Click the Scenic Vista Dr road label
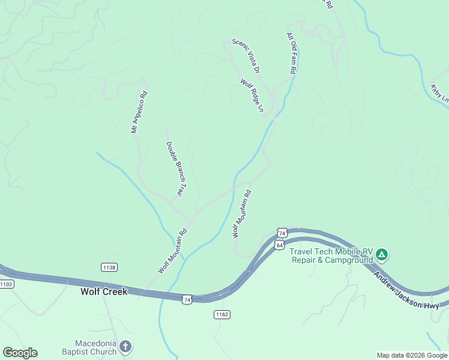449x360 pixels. point(246,56)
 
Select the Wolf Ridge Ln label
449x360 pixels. point(252,96)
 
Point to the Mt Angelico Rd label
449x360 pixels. point(139,112)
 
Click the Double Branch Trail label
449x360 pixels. point(174,169)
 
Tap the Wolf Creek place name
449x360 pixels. point(104,292)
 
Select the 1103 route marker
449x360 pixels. point(6,284)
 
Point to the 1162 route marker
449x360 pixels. point(222,314)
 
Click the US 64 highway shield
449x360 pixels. point(280,245)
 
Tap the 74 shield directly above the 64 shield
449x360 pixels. point(282,233)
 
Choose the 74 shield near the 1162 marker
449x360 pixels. point(188,299)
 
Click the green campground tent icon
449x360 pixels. point(382,256)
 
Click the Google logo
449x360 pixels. point(20,353)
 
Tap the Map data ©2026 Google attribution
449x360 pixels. point(412,355)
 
